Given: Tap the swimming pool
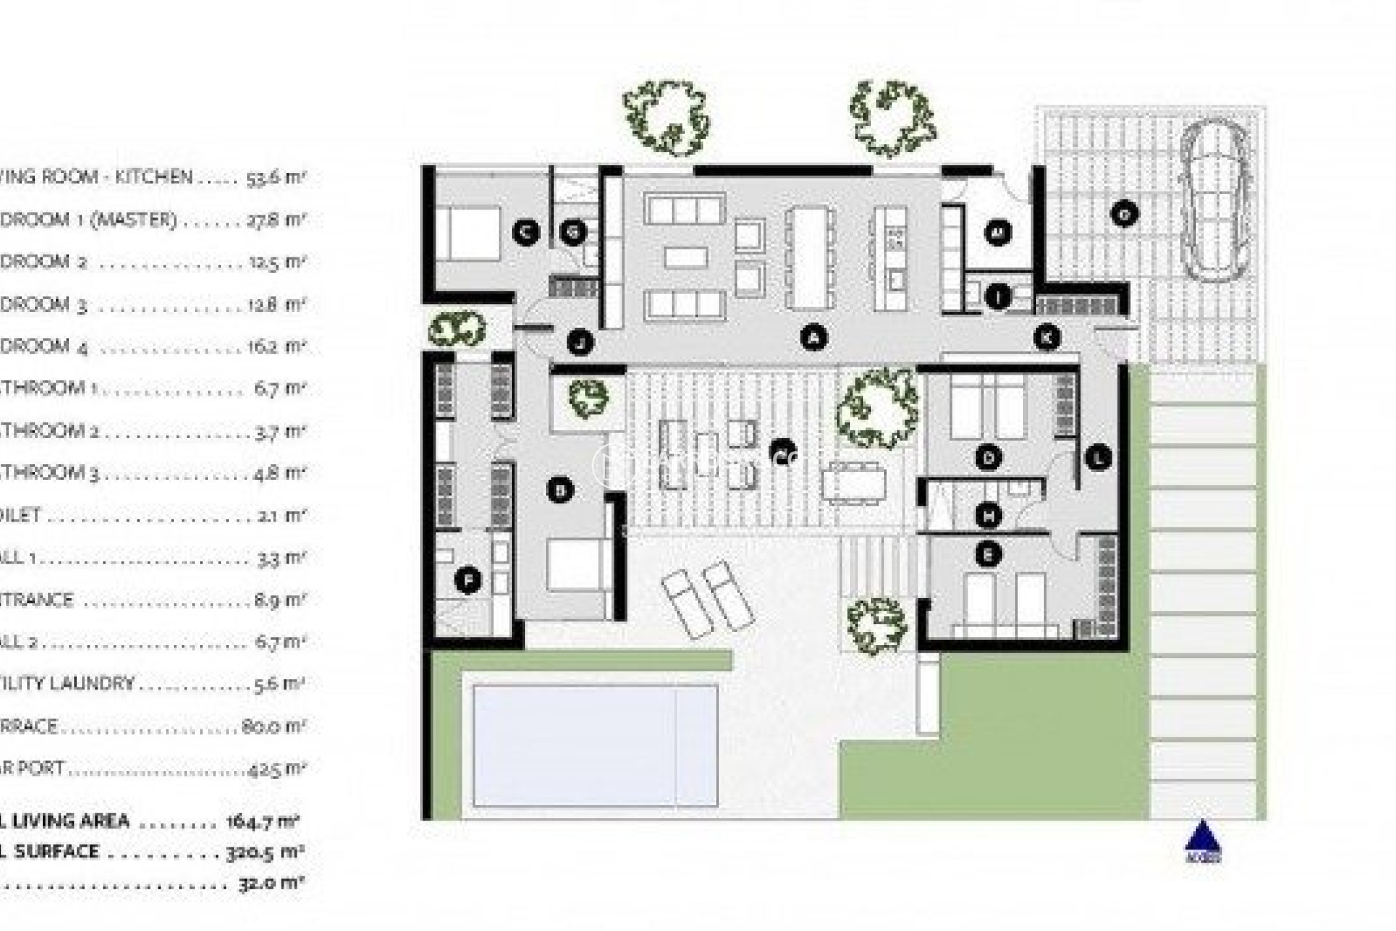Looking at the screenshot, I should click(595, 746).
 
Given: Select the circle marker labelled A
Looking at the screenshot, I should click(814, 337).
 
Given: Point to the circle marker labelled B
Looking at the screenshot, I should click(560, 490).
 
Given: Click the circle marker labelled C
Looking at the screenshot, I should click(525, 233).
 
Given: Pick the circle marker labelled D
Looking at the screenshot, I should click(988, 457).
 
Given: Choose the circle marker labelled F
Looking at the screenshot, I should click(468, 581).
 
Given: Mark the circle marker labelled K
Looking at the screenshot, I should click(1047, 337).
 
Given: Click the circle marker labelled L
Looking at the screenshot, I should click(1098, 457).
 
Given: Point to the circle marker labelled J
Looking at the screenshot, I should click(579, 341).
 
